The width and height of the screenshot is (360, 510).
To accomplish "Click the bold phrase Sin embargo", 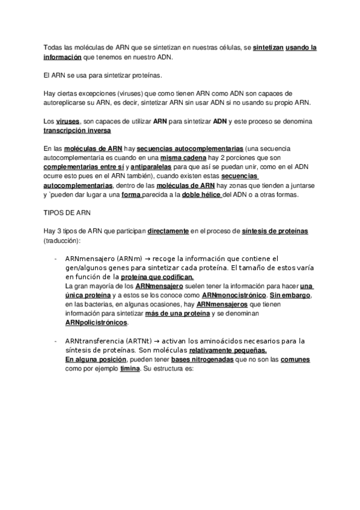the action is [x=292, y=296].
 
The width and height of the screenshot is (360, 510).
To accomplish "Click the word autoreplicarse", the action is [x=69, y=103].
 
